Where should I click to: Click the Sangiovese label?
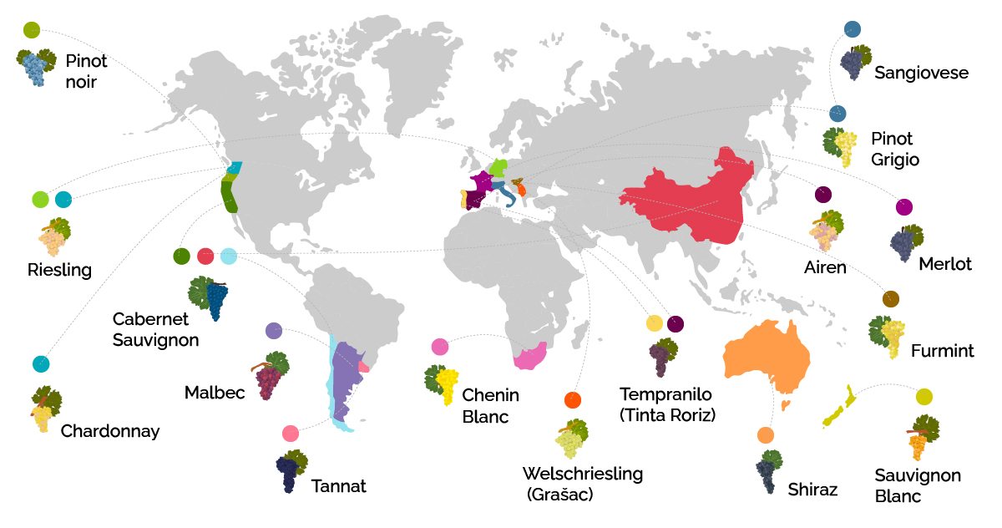point(921,74)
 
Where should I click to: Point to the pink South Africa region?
point(531,358)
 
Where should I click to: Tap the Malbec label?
point(215,393)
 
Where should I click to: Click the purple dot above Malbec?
point(274,331)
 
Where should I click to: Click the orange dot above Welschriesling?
point(572,400)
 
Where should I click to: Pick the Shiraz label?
point(812,490)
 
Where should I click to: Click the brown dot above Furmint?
point(891,299)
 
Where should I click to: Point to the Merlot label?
point(945,265)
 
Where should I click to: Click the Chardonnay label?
point(110,432)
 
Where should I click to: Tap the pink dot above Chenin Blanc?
point(440,347)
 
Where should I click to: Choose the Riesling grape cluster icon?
point(54,237)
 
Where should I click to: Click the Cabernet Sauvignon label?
point(155,330)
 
